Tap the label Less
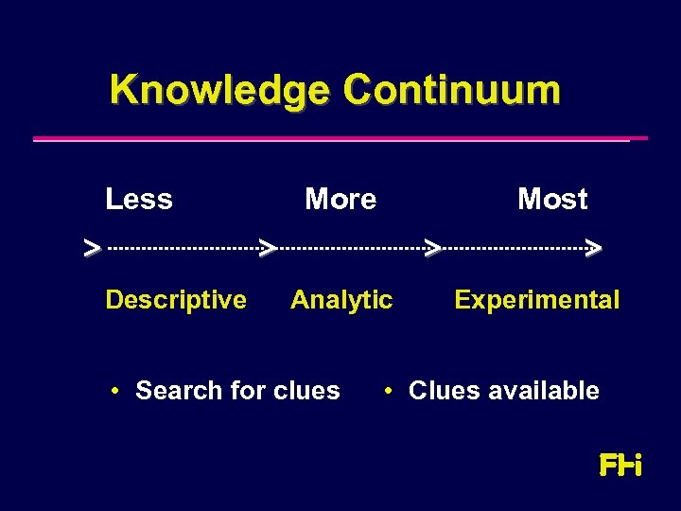click(x=139, y=200)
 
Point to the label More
click(x=340, y=200)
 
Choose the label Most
click(x=552, y=200)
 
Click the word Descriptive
click(x=176, y=300)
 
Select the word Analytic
click(x=341, y=300)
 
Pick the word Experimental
click(x=536, y=300)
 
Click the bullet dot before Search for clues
click(x=113, y=391)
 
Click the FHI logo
click(x=620, y=466)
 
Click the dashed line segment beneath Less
click(x=183, y=249)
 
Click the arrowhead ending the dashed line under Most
click(x=594, y=249)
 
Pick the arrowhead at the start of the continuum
click(x=92, y=249)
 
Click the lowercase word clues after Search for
click(x=306, y=391)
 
